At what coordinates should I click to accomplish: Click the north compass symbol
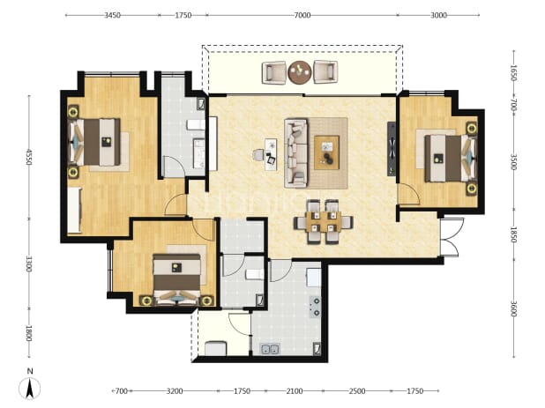tap(30, 388)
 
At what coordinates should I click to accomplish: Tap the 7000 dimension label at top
tap(302, 15)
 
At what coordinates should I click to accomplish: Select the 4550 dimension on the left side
tap(29, 157)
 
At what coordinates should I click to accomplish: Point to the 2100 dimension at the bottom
tap(294, 391)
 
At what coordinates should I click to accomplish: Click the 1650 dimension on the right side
tap(514, 72)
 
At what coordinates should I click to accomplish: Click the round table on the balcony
tap(300, 72)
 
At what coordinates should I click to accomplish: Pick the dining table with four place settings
tap(324, 222)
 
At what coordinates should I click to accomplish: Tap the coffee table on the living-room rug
tap(326, 152)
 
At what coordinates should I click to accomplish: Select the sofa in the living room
tap(296, 153)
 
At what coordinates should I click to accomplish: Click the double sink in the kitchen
tap(271, 349)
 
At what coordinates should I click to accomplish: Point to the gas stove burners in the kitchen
tap(315, 307)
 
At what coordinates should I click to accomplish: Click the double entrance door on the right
tap(452, 237)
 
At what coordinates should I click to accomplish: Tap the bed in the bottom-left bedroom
tap(177, 279)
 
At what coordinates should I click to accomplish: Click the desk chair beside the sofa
tap(258, 155)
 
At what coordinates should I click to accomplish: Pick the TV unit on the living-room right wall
tap(392, 149)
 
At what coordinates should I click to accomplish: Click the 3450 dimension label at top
tap(112, 15)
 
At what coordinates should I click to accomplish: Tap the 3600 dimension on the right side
tap(514, 308)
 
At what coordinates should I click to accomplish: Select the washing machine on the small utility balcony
tap(215, 348)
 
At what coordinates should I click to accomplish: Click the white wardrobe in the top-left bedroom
tap(74, 210)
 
